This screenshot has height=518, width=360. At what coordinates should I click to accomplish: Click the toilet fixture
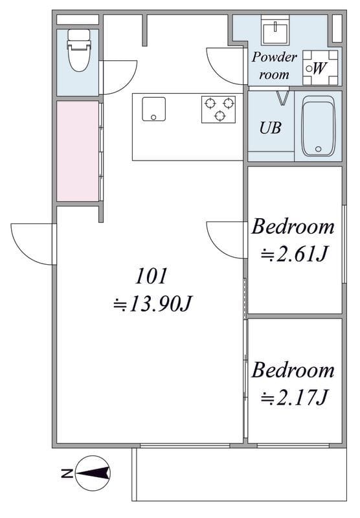(79, 50)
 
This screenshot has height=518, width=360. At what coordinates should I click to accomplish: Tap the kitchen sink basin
(153, 109)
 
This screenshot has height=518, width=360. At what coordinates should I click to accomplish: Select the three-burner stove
(218, 109)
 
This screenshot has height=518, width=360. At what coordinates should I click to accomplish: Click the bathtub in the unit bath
(318, 126)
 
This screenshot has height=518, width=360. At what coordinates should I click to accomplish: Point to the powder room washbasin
(275, 30)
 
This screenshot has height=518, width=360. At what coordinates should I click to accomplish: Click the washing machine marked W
(321, 68)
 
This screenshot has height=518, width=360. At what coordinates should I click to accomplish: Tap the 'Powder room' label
(274, 66)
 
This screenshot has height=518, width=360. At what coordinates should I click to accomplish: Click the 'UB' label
(270, 128)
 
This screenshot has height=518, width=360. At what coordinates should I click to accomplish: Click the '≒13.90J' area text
(152, 304)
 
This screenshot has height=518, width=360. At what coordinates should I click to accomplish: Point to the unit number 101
(152, 276)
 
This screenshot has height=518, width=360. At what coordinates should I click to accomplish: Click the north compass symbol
(93, 473)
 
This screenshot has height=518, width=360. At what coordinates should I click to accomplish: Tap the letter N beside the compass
(67, 473)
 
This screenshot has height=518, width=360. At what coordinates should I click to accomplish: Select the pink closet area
(78, 152)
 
